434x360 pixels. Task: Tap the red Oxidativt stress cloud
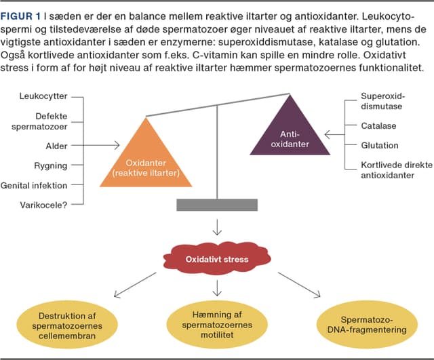tap(216, 260)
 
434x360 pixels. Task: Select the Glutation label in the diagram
tap(380, 145)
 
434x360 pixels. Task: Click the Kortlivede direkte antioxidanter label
tap(389, 170)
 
